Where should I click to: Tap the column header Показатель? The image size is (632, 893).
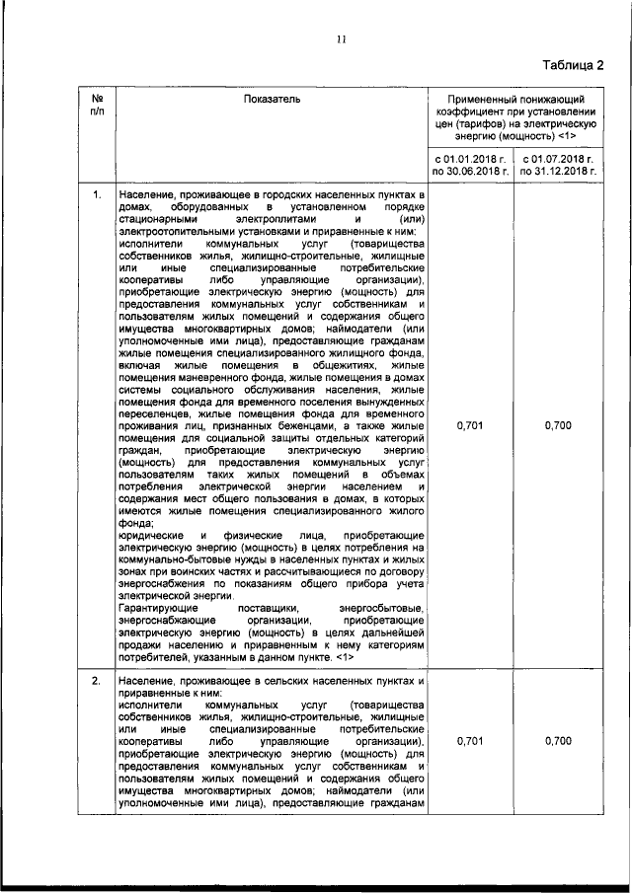[270, 99]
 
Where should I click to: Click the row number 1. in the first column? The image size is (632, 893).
[97, 194]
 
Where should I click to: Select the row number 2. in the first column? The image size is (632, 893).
[97, 682]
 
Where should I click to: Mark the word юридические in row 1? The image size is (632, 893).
[151, 535]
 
